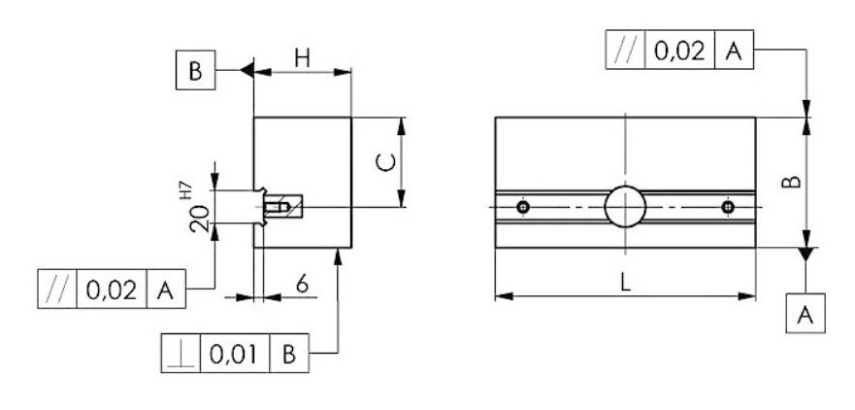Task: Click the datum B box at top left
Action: [196, 71]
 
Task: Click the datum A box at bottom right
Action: [805, 315]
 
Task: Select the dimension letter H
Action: [302, 59]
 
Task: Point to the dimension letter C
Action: [384, 162]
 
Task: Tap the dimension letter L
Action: [626, 283]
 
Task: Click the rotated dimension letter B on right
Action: [791, 182]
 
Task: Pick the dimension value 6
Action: [302, 285]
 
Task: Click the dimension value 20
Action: [200, 218]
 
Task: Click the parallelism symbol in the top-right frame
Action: [624, 51]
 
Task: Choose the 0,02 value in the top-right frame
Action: [678, 51]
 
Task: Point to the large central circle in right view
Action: [624, 206]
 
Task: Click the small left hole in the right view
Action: [523, 207]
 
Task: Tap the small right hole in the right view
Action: [728, 207]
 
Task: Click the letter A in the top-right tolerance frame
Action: [733, 51]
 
